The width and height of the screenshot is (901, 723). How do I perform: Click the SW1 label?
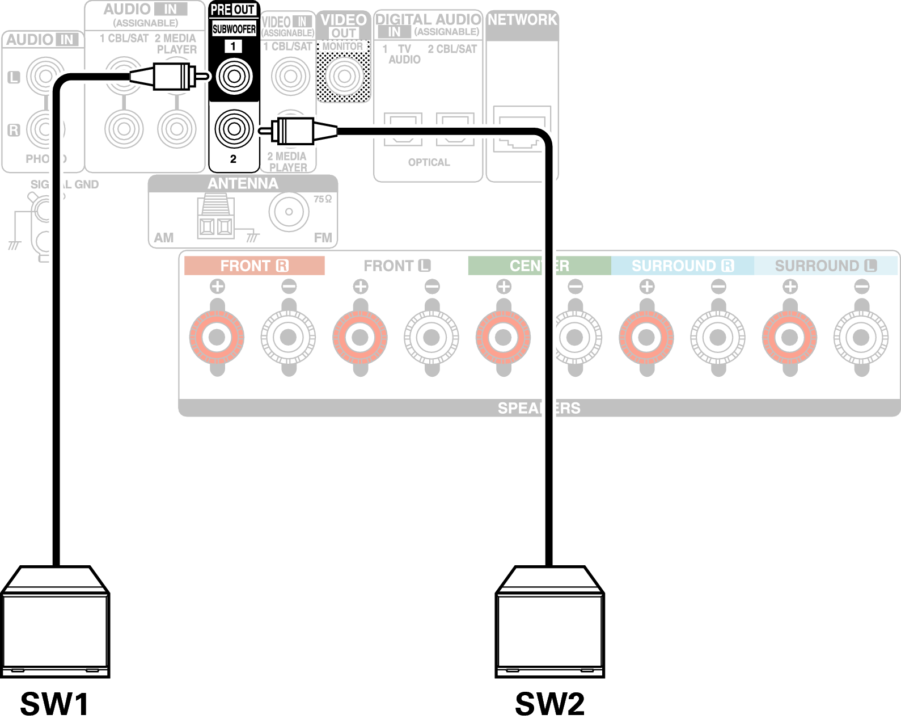coord(54,704)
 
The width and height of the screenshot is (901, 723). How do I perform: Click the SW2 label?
coord(549,704)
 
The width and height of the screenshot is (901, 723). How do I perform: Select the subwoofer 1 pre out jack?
coord(234,76)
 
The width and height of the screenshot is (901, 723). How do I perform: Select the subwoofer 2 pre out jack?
coord(234,129)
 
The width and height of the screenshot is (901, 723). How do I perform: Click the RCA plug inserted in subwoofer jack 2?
coord(295,131)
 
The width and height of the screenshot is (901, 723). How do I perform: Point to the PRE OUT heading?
coord(233,10)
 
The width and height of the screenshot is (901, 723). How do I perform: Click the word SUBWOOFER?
coord(234,29)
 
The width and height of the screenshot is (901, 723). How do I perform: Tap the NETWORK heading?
coord(522,20)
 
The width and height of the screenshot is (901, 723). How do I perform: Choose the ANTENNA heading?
coord(243,184)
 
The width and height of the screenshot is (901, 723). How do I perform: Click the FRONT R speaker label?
coord(254,266)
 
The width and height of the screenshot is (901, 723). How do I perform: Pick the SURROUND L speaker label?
coord(826,266)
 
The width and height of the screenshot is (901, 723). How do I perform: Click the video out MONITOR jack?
coord(344,76)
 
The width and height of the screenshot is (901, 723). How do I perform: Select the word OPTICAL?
coord(429,162)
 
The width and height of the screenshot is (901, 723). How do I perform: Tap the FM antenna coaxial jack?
coord(289,212)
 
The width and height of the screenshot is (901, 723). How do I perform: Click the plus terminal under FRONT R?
coord(217,338)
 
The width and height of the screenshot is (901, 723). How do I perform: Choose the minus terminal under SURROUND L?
coord(861,338)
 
